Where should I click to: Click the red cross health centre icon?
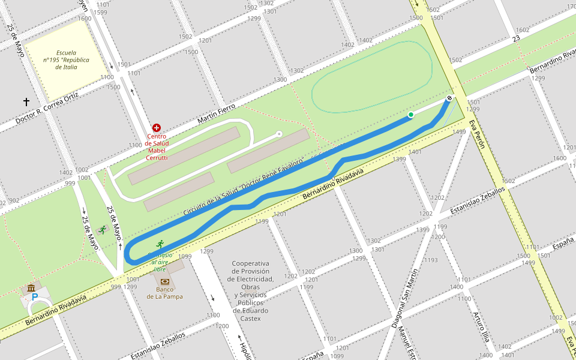(x=157, y=128)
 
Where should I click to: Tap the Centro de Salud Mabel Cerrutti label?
(x=157, y=147)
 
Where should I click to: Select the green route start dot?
(x=411, y=115)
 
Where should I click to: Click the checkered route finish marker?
(x=449, y=98)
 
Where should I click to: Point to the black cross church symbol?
(x=26, y=103)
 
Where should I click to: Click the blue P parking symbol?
(x=34, y=297)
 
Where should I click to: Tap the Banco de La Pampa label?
(x=164, y=293)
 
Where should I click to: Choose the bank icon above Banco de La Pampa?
(x=164, y=281)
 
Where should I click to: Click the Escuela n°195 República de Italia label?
(x=67, y=60)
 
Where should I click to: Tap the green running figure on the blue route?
(x=160, y=244)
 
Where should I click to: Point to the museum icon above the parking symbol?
(x=31, y=288)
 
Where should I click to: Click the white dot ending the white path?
(x=279, y=134)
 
